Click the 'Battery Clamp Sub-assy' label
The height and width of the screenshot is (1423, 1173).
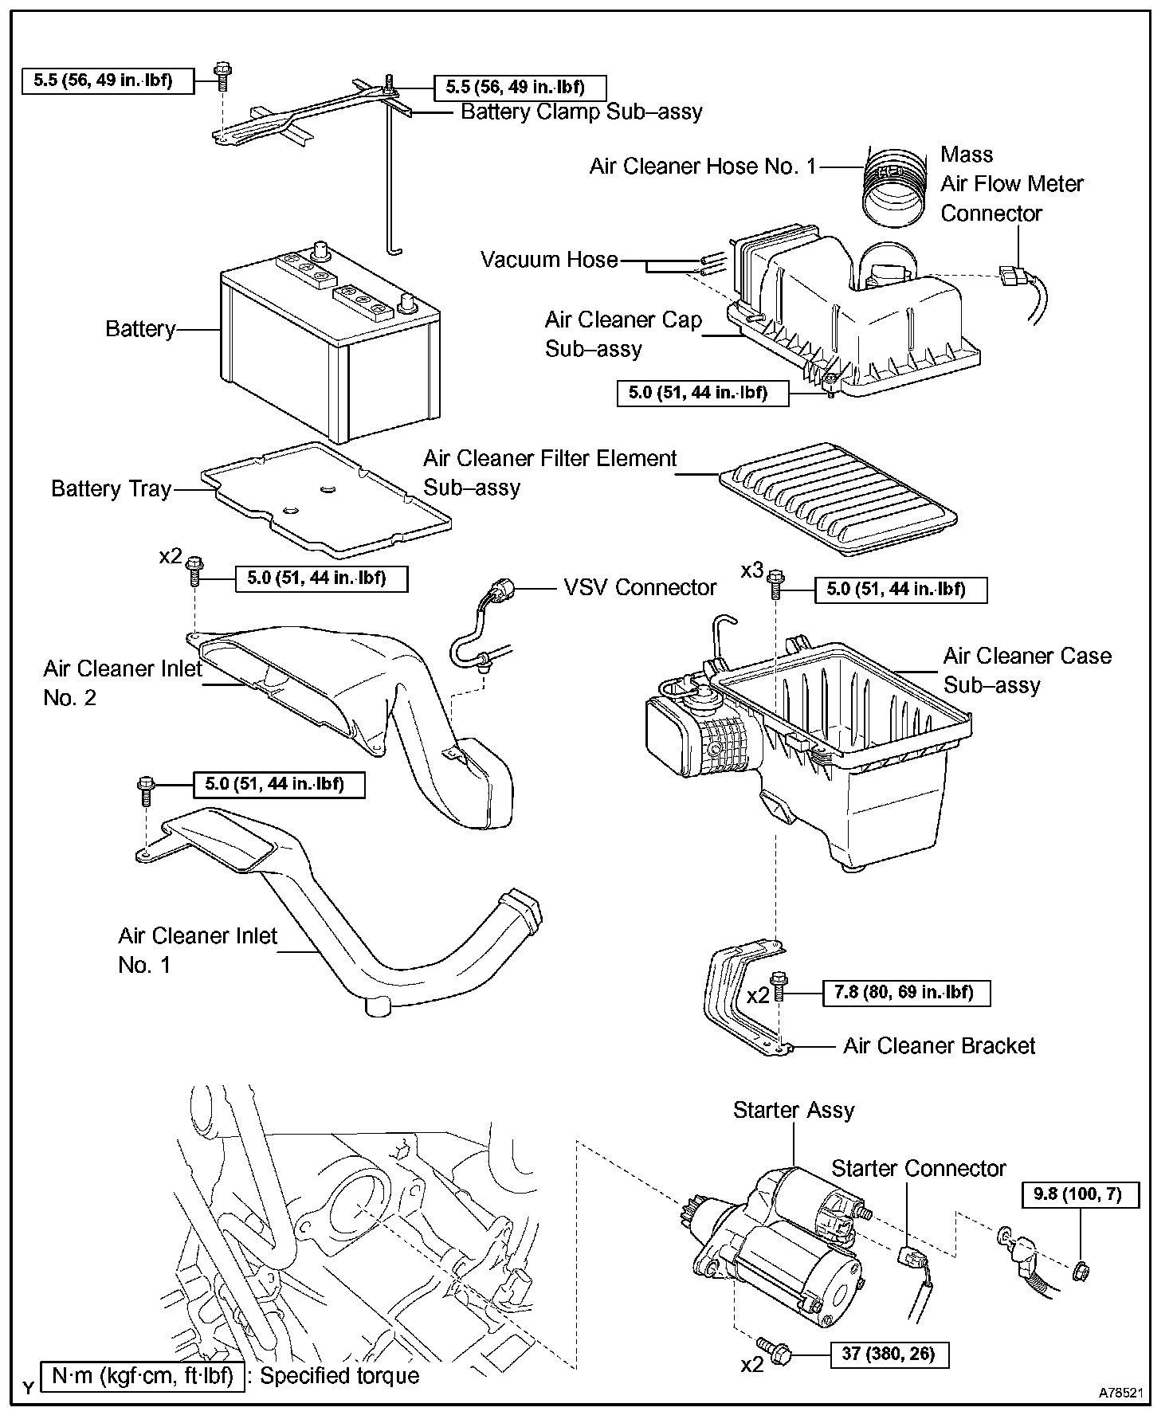(x=581, y=112)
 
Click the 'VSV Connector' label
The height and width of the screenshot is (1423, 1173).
(x=640, y=588)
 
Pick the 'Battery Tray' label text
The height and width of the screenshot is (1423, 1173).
(x=112, y=488)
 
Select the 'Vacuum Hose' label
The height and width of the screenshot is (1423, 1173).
(x=549, y=260)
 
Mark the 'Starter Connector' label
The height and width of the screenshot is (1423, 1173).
(x=918, y=1169)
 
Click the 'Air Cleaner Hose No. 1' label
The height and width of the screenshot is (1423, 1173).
(x=702, y=167)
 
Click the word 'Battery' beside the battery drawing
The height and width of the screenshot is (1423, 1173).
(x=140, y=329)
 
